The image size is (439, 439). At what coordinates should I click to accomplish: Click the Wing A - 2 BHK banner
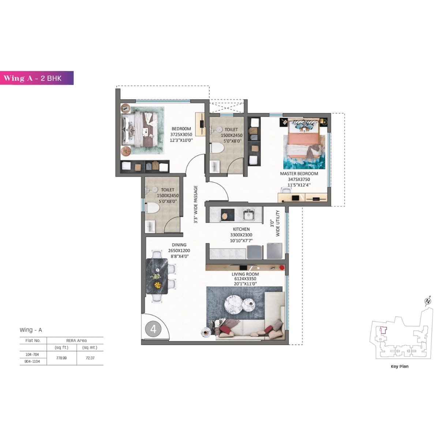[37, 78]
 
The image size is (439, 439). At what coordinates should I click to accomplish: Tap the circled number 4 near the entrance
[153, 329]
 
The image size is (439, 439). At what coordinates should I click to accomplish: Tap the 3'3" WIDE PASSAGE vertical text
[196, 205]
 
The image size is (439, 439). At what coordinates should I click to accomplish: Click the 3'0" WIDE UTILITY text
[275, 223]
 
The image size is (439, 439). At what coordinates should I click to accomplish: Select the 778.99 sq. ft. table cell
[61, 358]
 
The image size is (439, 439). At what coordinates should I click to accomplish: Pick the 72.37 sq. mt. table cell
[90, 358]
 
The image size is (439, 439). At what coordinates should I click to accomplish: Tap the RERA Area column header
[76, 340]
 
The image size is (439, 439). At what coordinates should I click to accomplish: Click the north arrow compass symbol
[427, 301]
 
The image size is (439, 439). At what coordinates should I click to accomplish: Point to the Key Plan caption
[399, 366]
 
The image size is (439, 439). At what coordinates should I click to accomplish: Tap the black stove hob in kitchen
[227, 215]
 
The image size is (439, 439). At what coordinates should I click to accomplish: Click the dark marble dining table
[157, 276]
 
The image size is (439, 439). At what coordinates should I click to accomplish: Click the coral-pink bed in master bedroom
[303, 139]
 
